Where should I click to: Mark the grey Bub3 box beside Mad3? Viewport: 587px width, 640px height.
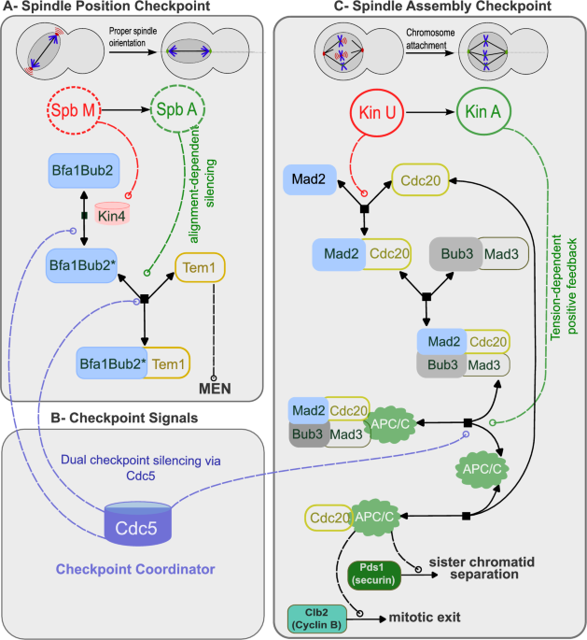click(x=454, y=254)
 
